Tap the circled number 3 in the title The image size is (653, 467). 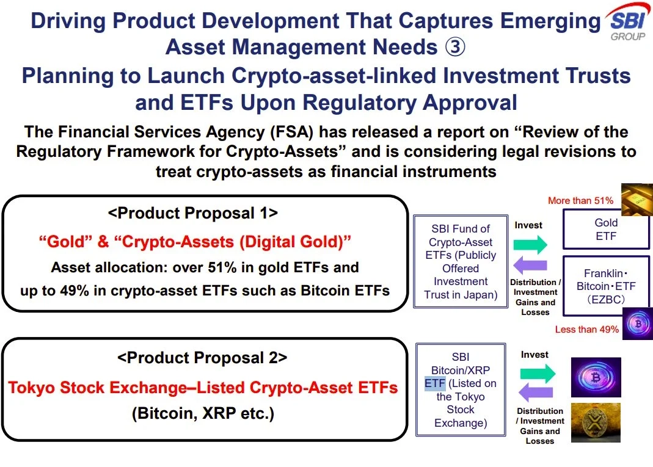point(454,46)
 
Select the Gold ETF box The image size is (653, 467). point(606,230)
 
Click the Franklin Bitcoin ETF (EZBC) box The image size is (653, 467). point(606,286)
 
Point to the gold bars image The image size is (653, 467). point(637,200)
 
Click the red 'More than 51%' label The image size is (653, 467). point(580,201)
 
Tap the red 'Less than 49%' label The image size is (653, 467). point(587,329)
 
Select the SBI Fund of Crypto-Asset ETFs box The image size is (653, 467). point(461,261)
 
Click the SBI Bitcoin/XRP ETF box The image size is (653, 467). point(461,389)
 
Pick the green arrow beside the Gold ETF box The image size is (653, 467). point(530,245)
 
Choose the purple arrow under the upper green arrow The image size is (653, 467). point(530,265)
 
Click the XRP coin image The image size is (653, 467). point(596,422)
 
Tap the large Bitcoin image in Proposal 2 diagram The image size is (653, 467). point(596,377)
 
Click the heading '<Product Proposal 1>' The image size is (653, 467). point(193,213)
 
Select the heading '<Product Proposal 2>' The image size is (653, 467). point(202,358)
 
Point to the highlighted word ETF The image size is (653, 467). point(435,383)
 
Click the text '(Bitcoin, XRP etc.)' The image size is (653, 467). point(203,414)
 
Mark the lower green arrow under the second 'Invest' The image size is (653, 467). point(538,374)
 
